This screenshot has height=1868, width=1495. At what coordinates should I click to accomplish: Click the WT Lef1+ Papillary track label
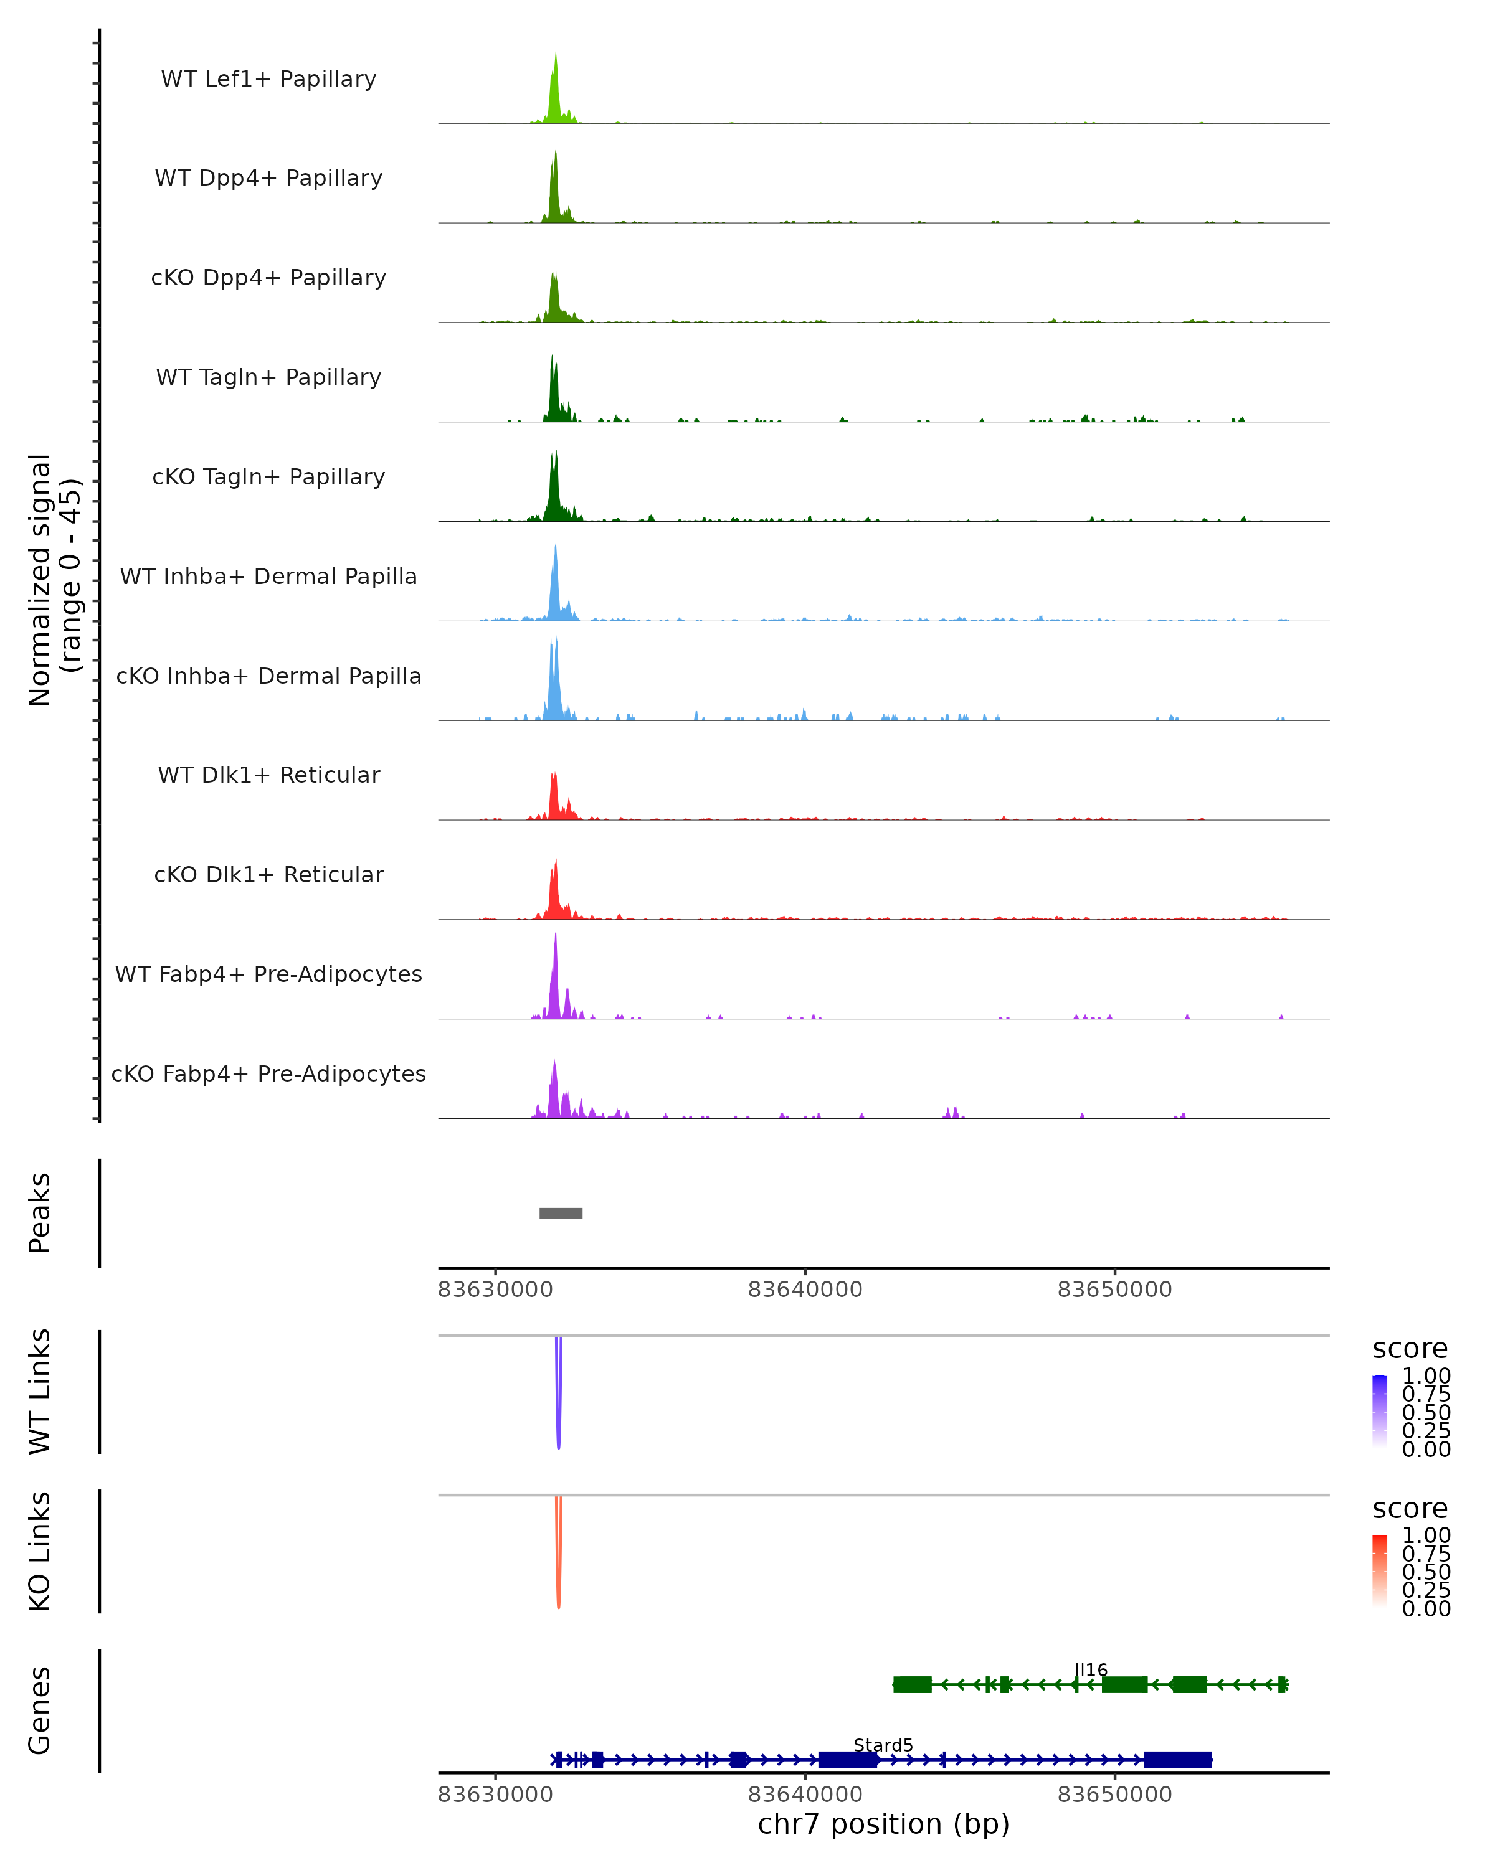tap(268, 79)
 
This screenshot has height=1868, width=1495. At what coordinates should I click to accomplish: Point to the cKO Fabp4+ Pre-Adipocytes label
tap(268, 1073)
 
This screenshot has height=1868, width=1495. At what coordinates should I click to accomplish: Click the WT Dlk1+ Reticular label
tap(268, 775)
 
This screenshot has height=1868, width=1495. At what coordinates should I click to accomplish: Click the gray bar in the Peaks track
tap(561, 1213)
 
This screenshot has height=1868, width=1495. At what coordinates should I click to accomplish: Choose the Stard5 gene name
tap(883, 1745)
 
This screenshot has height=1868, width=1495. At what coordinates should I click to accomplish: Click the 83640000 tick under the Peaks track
tap(805, 1290)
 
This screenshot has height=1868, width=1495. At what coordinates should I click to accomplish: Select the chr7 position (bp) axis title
tap(883, 1824)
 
